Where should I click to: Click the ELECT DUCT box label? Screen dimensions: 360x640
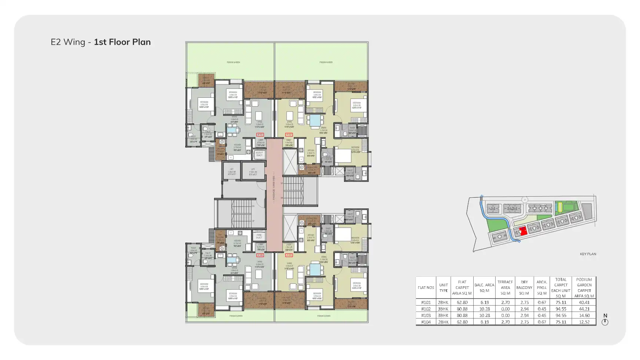259,154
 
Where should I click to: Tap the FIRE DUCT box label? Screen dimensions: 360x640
259,236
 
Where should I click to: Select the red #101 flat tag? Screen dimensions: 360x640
260,135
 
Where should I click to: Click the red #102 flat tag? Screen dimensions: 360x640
289,135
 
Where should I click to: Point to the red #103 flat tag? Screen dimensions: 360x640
289,255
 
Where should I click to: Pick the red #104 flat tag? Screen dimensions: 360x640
260,255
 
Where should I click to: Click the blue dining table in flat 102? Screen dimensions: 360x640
316,120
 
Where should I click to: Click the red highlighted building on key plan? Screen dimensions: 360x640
523,231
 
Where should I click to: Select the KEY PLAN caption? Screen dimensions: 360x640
588,254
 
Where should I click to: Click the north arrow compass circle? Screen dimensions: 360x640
605,322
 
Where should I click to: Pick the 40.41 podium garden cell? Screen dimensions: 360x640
584,302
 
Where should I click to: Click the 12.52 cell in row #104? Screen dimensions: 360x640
584,322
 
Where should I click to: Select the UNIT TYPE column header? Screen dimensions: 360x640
443,287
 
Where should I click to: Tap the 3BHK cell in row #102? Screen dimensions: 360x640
443,309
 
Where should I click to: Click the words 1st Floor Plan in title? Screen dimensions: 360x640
122,42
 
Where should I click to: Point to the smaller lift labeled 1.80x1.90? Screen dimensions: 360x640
231,171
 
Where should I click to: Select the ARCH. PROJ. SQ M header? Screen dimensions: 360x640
541,287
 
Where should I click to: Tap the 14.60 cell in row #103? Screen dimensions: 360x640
584,316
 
